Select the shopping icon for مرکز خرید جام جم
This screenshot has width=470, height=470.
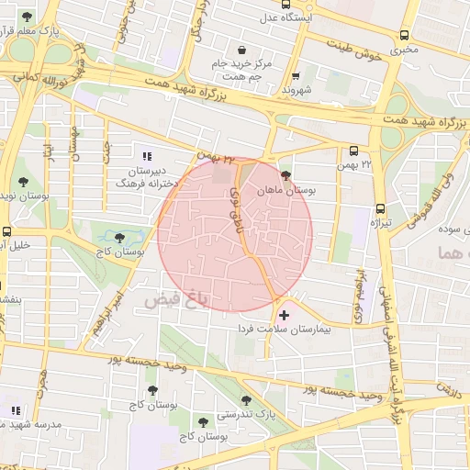241,50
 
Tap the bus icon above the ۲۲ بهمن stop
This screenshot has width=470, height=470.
354,151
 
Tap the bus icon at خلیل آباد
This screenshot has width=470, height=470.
7,231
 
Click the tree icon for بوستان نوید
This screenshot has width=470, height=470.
23,182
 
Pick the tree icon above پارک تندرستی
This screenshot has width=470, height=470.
246,399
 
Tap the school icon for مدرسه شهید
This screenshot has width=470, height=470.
14,409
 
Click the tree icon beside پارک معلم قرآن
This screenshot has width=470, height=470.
27,17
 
